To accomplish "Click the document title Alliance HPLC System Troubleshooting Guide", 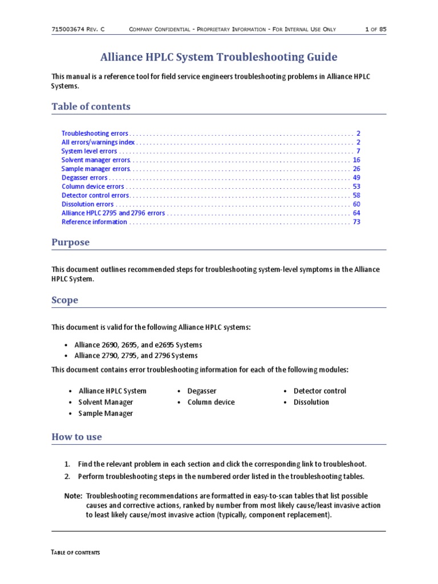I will [218, 57].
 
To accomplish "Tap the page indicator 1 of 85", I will [375, 29].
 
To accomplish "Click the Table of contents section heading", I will [91, 107].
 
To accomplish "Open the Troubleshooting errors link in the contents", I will [95, 133].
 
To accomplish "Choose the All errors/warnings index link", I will [98, 142].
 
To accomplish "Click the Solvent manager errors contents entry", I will [96, 160].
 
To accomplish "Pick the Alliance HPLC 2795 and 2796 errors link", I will [113, 213].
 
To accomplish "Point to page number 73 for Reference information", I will [356, 222].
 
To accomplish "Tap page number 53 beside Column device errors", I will [356, 186].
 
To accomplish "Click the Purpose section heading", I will [71, 242].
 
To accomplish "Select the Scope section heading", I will [65, 301].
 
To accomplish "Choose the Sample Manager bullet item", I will [106, 413].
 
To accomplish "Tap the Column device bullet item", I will [210, 402].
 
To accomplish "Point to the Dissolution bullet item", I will [311, 402].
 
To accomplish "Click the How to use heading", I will [77, 437].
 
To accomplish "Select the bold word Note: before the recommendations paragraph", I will [74, 497].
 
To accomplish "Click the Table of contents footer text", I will [76, 553].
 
